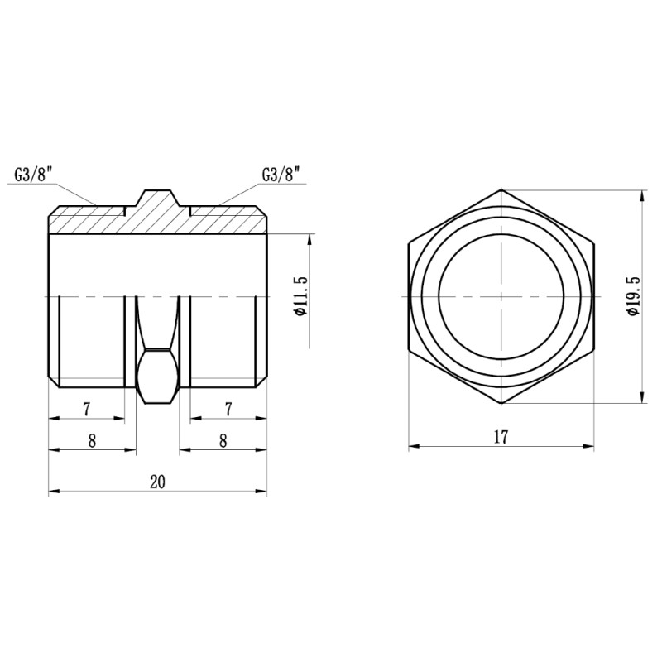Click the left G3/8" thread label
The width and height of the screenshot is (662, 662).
33,175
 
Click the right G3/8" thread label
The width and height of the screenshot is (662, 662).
281,175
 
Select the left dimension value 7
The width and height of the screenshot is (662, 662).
87,409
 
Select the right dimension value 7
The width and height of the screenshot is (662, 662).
228,409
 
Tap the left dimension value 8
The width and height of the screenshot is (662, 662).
92,441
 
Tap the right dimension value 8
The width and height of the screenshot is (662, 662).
223,441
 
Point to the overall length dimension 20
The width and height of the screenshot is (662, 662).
157,482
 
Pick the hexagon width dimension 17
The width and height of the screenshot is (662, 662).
501,437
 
